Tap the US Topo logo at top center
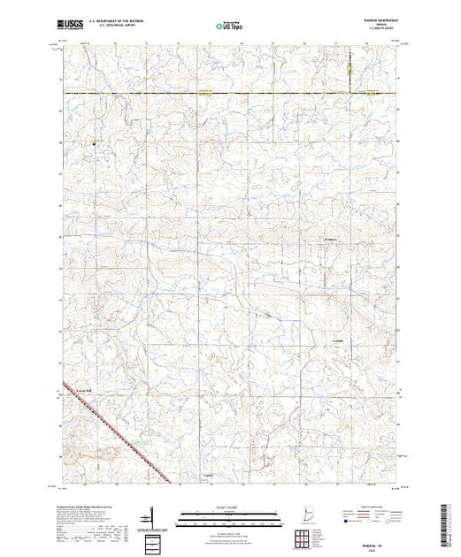(x=230, y=27)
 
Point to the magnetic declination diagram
(x=152, y=515)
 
